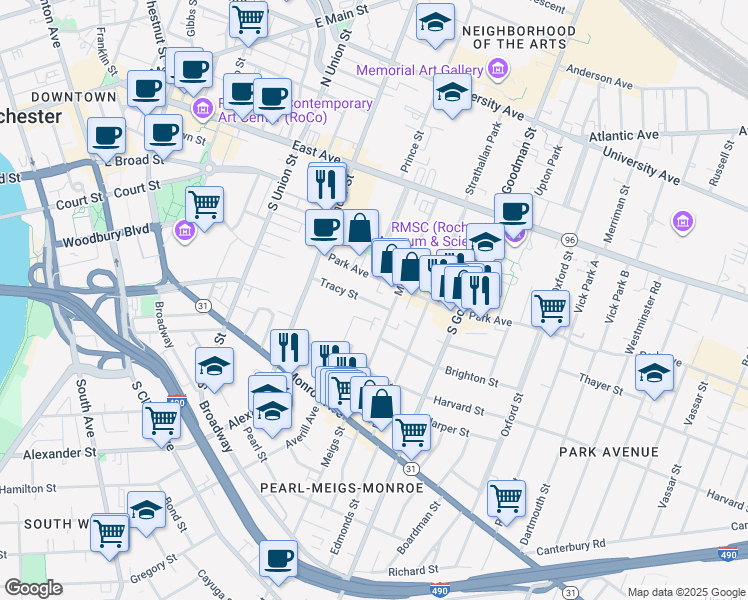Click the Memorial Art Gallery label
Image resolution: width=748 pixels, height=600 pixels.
pyautogui.click(x=420, y=69)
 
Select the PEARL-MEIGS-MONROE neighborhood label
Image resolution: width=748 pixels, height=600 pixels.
pyautogui.click(x=341, y=487)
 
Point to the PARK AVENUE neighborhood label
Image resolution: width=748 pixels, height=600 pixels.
pyautogui.click(x=609, y=452)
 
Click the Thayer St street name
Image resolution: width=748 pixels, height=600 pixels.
pyautogui.click(x=603, y=379)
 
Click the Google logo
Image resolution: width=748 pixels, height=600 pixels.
pyautogui.click(x=32, y=588)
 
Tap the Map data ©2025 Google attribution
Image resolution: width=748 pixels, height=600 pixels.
pyautogui.click(x=685, y=592)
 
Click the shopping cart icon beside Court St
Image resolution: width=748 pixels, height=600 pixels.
pyautogui.click(x=204, y=205)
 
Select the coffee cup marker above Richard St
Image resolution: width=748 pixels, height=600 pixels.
pyautogui.click(x=278, y=558)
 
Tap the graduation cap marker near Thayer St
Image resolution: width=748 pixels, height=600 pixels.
pyautogui.click(x=654, y=374)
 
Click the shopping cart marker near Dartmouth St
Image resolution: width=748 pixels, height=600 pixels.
pyautogui.click(x=506, y=497)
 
